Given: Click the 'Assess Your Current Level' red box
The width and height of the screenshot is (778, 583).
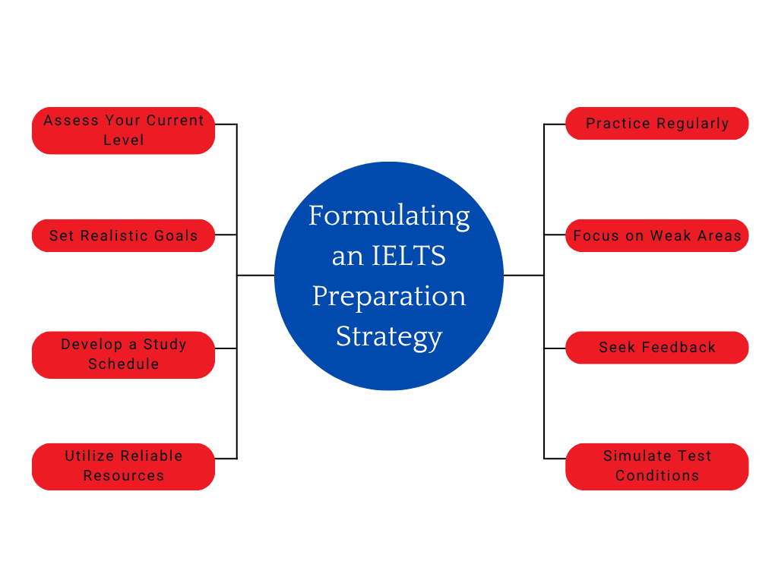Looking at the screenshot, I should coord(123,131).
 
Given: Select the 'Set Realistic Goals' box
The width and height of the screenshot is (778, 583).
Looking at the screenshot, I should coord(123,235).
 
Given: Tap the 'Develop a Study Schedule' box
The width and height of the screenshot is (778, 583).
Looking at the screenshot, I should coord(123,355).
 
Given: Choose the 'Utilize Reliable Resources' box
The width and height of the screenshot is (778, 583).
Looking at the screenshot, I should coord(123,466).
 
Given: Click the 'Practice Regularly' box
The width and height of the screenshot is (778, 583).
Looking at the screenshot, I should coord(657,124).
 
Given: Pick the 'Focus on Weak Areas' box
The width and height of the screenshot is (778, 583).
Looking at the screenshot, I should coord(657,235).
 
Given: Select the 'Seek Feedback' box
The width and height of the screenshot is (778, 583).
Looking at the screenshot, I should coord(657,348).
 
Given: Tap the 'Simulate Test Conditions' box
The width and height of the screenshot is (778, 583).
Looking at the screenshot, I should coord(657,466).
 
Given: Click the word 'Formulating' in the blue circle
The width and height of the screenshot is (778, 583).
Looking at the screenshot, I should coord(389,216).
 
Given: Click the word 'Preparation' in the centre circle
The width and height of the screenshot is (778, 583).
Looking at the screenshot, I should coord(389,296).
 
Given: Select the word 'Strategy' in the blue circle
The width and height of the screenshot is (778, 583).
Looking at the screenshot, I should coord(389,336).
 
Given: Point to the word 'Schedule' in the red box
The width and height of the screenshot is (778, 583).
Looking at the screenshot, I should coord(123,364).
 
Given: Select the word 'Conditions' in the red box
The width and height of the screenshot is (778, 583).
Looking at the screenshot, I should coord(657,476).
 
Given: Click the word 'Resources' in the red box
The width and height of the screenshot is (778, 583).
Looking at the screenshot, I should coord(123,476).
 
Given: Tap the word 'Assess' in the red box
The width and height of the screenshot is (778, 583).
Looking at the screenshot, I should coord(68,121).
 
